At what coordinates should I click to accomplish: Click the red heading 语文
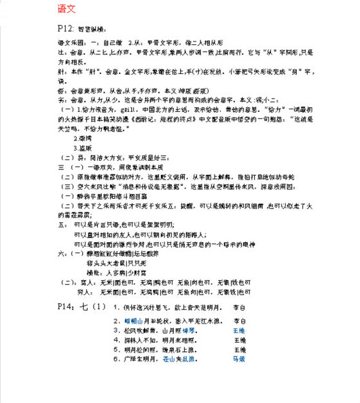coord(67,9)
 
